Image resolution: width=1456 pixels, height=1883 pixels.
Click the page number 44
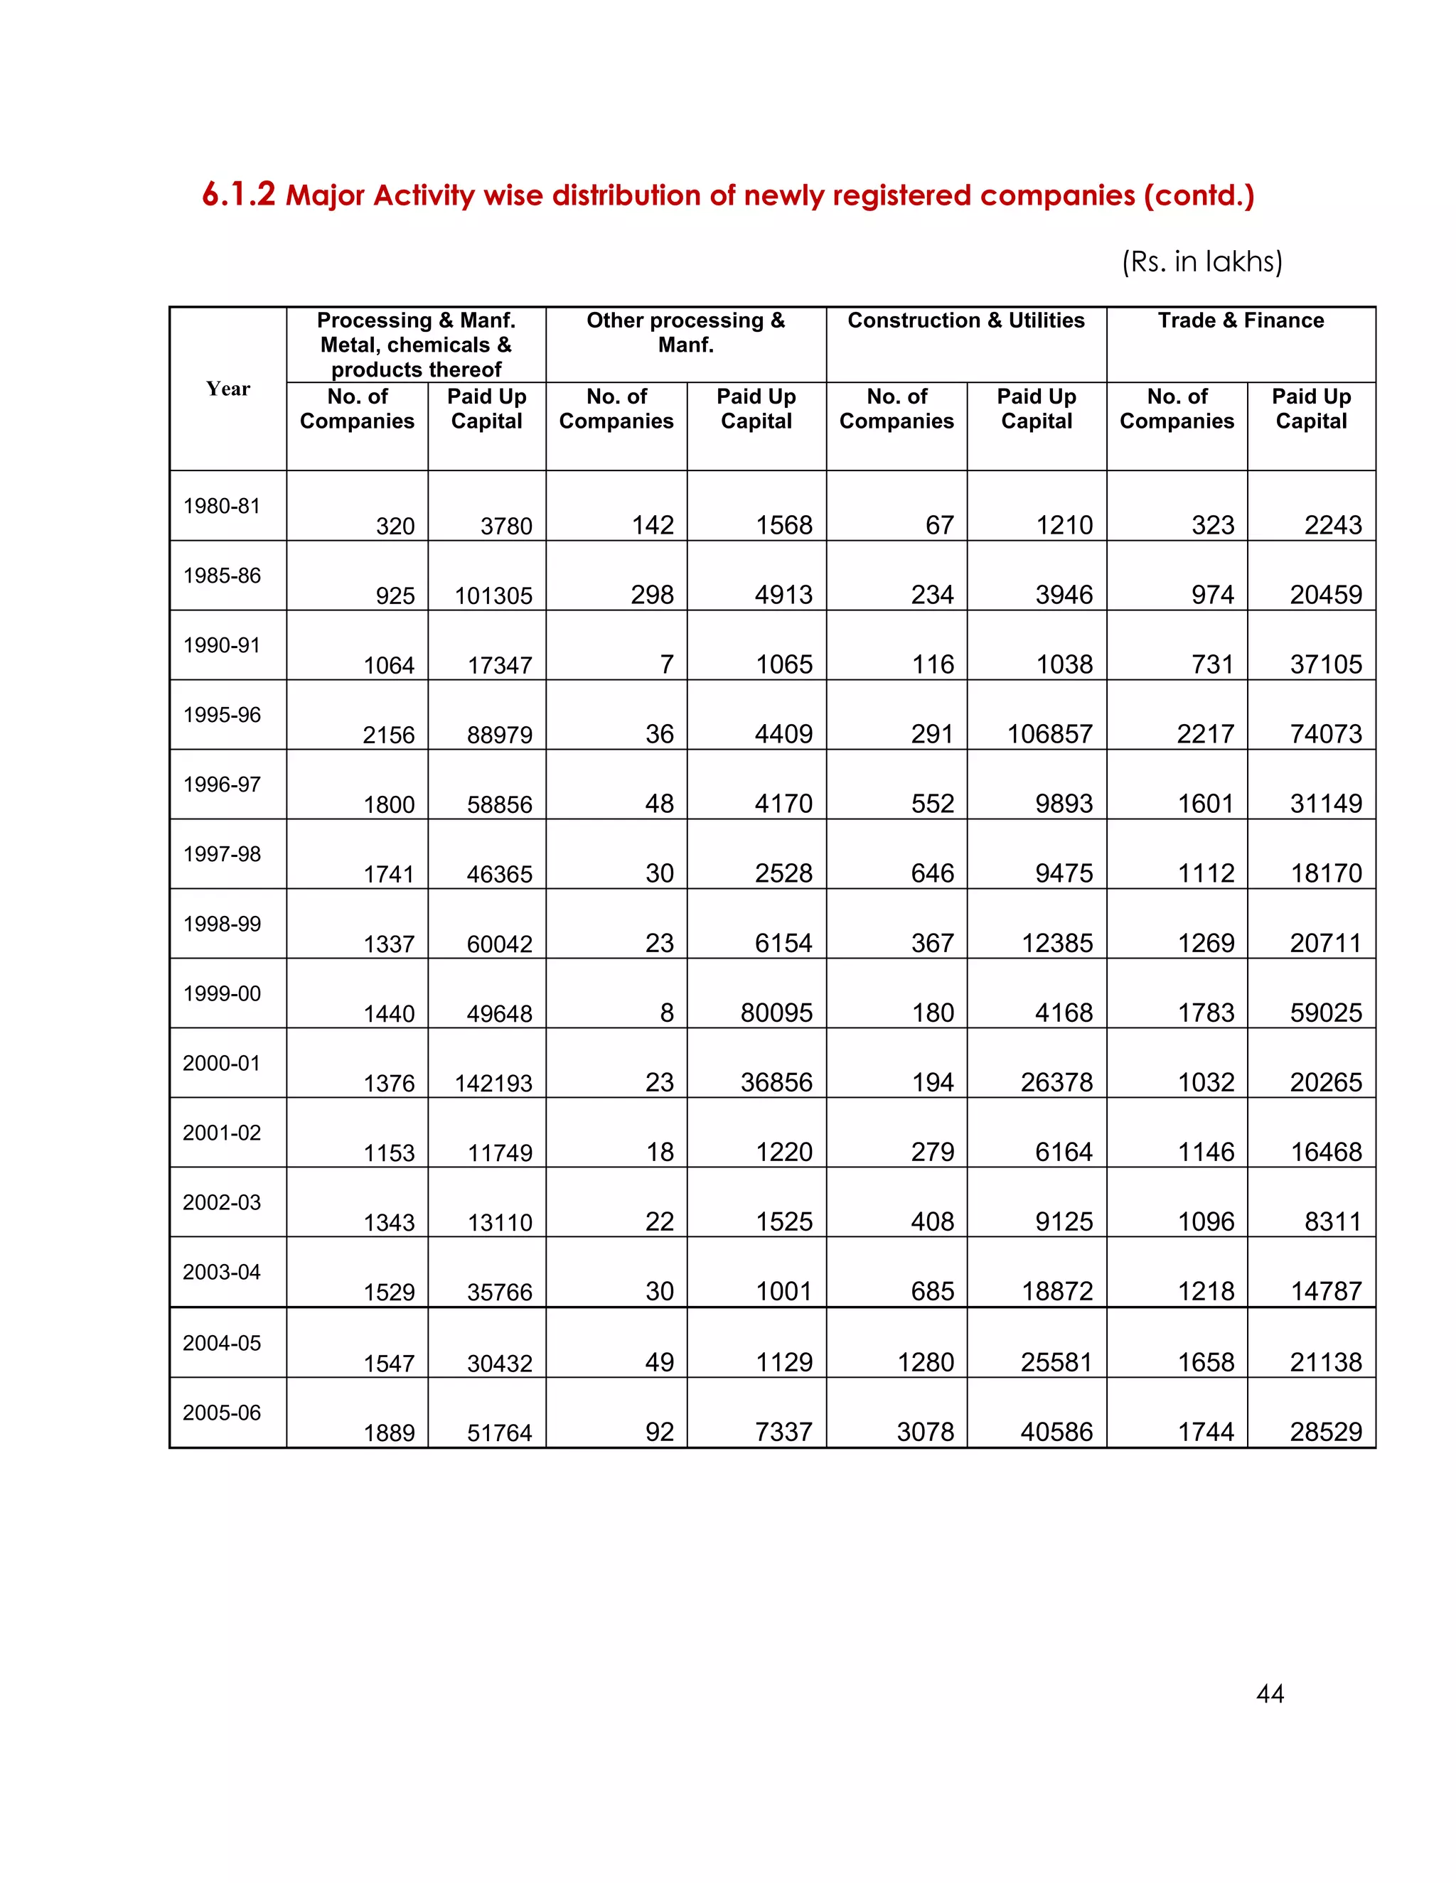click(1270, 1693)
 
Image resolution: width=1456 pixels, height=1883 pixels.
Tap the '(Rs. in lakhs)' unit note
click(1201, 261)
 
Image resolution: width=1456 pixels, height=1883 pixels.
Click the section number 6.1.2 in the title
click(238, 194)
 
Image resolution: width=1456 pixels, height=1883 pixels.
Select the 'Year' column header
click(227, 389)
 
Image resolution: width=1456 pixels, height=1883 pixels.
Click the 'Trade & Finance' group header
click(1241, 320)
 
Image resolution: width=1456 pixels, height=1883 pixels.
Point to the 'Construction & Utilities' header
click(965, 320)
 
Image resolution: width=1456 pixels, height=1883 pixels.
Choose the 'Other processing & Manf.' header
click(686, 332)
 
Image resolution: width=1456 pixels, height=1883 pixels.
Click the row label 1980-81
click(222, 506)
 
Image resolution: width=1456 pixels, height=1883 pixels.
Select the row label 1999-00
click(222, 993)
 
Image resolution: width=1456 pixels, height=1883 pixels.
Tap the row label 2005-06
click(222, 1413)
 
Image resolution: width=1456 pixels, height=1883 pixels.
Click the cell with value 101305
click(493, 595)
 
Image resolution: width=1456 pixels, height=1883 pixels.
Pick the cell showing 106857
click(1050, 735)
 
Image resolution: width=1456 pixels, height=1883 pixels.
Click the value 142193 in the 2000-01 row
click(493, 1083)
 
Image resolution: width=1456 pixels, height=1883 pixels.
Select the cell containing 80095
click(776, 1013)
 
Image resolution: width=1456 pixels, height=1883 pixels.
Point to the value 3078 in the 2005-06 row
click(925, 1432)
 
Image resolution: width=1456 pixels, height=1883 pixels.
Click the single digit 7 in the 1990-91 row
click(667, 665)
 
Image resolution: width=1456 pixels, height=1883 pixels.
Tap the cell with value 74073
click(1326, 735)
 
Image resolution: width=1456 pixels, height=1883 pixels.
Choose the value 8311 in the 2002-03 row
click(1333, 1221)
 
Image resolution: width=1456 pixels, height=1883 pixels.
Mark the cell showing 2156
click(388, 735)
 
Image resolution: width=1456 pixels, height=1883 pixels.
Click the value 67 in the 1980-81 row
click(939, 525)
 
